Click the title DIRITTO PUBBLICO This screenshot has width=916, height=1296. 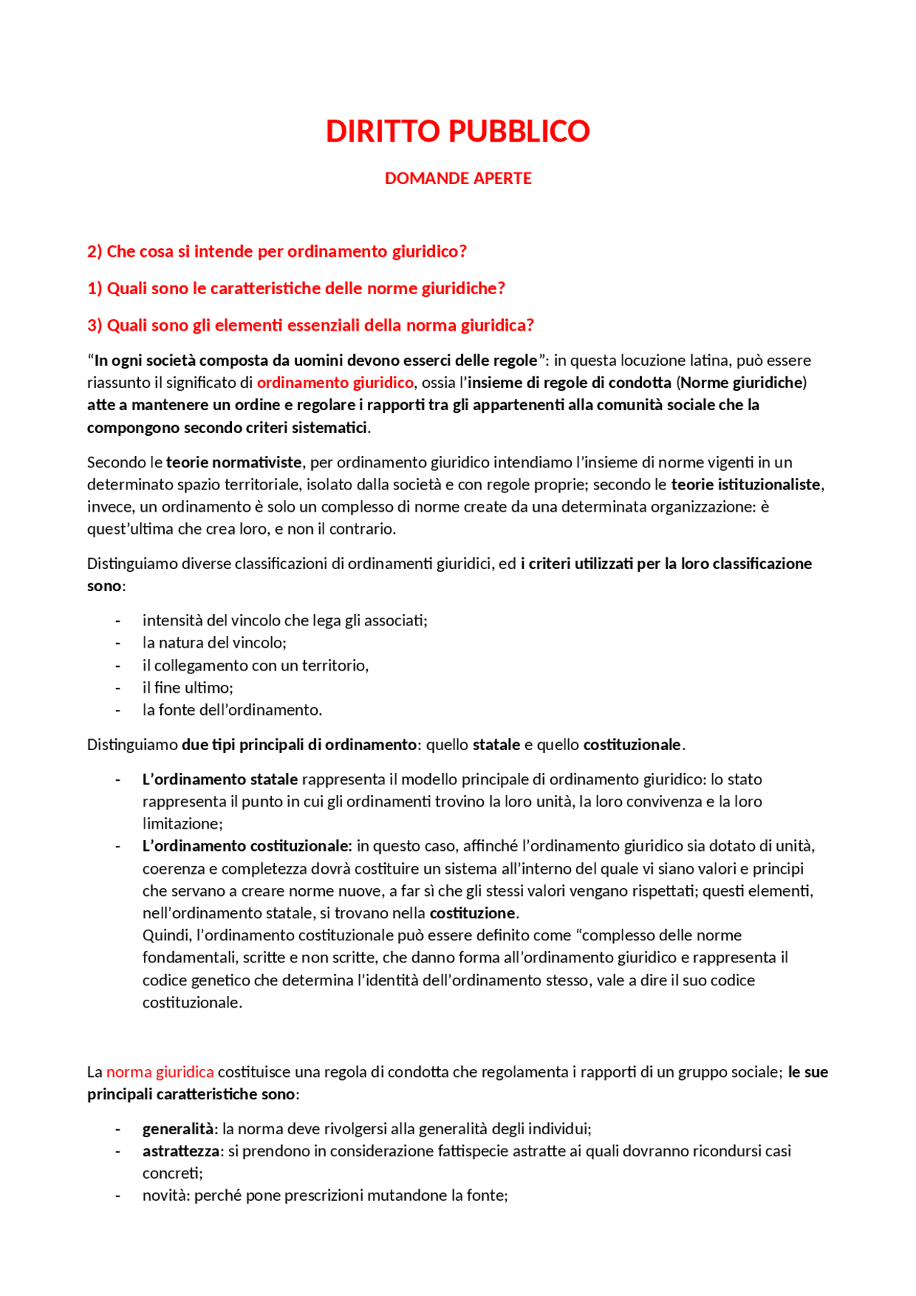point(457,131)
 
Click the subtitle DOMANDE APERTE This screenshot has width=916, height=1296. point(457,178)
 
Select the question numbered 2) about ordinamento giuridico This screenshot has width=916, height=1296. point(276,251)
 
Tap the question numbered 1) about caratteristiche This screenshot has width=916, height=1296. point(296,288)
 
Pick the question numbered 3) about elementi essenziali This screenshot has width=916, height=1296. point(310,326)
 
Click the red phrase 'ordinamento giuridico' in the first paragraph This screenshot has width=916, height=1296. point(335,383)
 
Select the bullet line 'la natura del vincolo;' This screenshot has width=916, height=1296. point(214,643)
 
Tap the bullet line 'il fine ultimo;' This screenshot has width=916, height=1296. point(187,688)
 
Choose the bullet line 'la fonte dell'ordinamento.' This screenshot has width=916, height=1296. point(232,710)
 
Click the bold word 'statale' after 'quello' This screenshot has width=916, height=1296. point(496,745)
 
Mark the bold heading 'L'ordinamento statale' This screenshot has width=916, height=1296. point(220,779)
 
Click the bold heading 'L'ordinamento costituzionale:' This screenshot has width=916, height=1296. point(247,846)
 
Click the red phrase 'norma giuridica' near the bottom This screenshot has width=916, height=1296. point(160,1072)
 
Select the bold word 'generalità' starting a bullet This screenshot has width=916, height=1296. point(177,1129)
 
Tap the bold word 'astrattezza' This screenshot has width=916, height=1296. point(181,1151)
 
